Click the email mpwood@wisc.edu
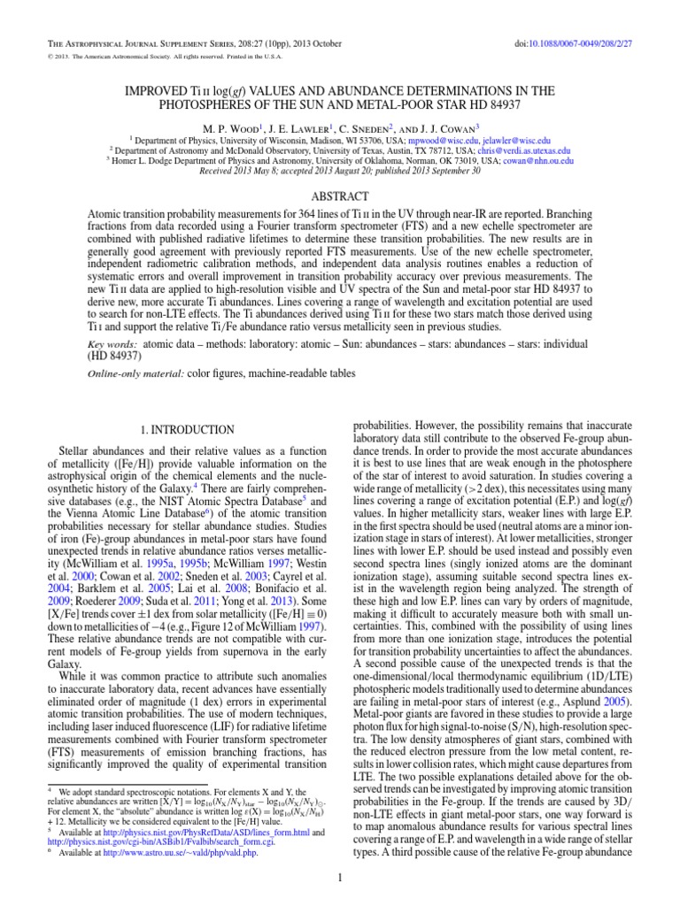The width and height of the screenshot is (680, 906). (x=460, y=140)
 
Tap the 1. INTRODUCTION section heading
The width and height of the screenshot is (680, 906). (x=189, y=430)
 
